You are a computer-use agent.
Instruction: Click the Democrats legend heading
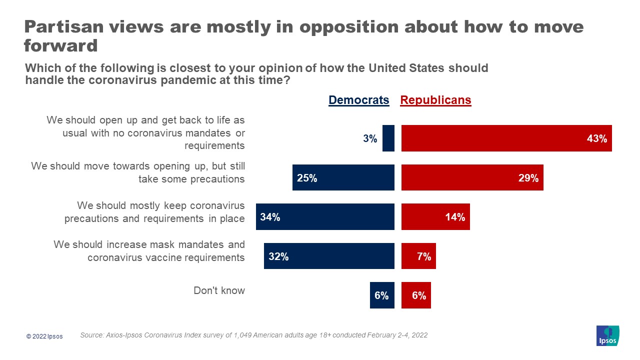[x=358, y=100]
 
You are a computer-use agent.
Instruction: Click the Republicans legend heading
[x=435, y=100]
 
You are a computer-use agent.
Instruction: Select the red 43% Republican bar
[x=506, y=138]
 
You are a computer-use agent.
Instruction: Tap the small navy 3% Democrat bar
[x=388, y=138]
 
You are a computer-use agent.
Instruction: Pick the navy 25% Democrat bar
[x=343, y=177]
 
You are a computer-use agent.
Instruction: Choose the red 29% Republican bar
[x=472, y=177]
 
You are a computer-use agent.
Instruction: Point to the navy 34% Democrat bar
[x=325, y=217]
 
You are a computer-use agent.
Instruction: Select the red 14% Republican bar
[x=435, y=217]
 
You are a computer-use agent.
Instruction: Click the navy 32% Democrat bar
[x=329, y=256]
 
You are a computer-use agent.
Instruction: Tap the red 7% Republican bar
[x=418, y=256]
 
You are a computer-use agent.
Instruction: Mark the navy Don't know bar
[x=382, y=295]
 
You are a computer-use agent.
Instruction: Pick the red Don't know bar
[x=416, y=295]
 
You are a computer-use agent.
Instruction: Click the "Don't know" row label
[x=219, y=290]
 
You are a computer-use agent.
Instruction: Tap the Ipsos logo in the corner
[x=607, y=336]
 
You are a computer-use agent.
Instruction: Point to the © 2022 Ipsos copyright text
[x=44, y=336]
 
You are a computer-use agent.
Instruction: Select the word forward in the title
[x=60, y=46]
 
